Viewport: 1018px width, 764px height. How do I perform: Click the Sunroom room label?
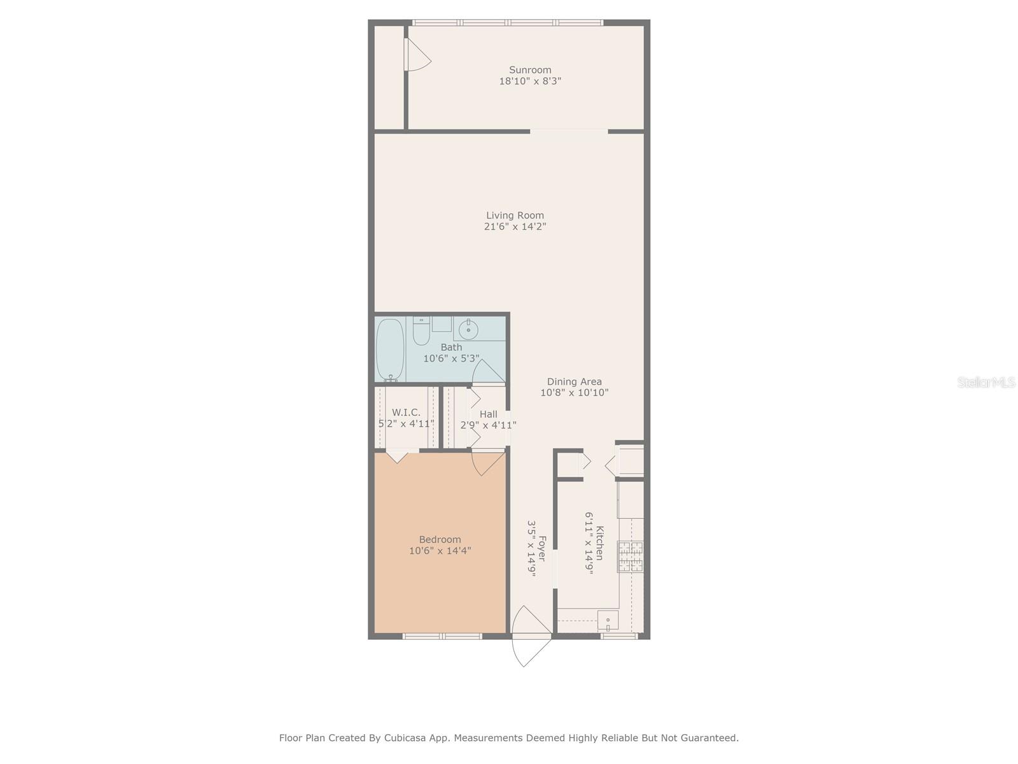530,70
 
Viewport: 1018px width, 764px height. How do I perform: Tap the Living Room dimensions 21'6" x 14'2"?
515,227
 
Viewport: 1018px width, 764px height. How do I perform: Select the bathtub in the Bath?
389,350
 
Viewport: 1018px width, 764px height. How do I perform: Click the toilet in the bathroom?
421,331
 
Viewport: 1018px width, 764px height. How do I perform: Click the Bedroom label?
440,539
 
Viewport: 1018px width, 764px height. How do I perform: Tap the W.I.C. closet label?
406,413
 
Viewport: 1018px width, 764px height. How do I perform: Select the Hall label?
489,414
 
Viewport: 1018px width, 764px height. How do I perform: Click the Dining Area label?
574,382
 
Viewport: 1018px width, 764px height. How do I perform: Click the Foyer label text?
542,548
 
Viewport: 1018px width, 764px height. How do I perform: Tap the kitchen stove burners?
630,556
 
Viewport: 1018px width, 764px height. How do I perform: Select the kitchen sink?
608,619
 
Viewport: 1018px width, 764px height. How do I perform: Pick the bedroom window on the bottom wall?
442,635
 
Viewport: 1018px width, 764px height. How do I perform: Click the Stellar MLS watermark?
986,382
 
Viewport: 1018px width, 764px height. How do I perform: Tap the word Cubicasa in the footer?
406,738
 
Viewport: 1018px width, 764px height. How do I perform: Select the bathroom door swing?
487,373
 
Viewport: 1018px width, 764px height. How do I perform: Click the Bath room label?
451,348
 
